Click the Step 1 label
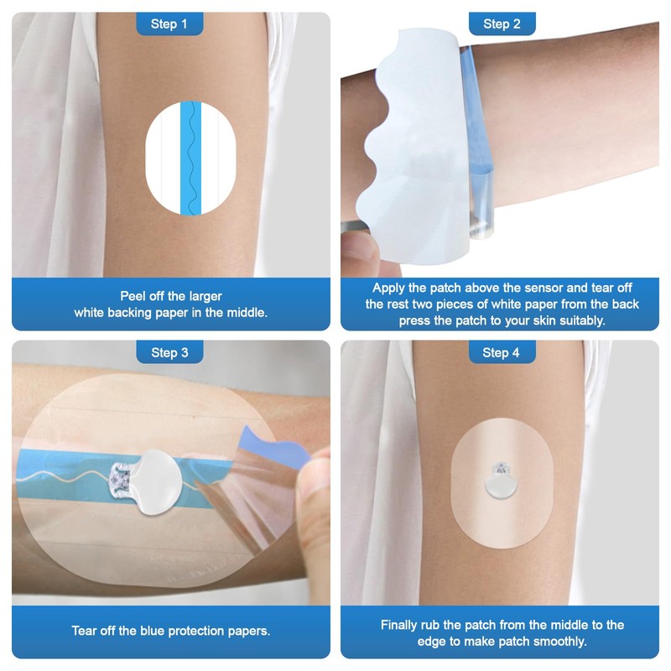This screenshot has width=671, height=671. (x=169, y=24)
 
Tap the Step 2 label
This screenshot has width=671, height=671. (x=502, y=24)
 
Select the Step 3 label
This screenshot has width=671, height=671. (x=169, y=353)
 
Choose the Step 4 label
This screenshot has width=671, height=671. (x=502, y=353)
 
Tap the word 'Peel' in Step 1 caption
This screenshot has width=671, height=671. (x=136, y=296)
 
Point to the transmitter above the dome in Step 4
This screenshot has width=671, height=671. (x=502, y=464)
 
